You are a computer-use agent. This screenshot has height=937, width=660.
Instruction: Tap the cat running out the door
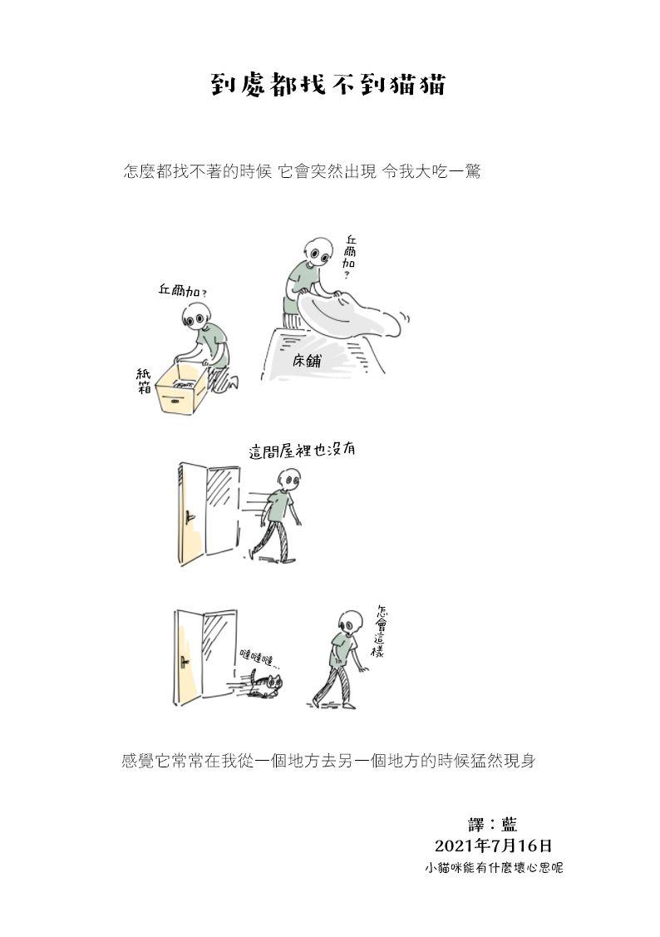click(x=265, y=685)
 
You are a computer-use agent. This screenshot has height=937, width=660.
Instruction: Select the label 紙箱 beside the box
click(x=143, y=381)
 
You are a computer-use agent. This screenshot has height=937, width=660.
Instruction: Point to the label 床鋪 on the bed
click(x=307, y=360)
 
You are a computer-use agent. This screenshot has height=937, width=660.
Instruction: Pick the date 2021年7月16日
click(x=494, y=846)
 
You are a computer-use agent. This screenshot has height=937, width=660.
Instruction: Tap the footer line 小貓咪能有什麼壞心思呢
click(x=494, y=868)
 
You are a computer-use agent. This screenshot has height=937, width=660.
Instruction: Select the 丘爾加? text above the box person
click(x=182, y=292)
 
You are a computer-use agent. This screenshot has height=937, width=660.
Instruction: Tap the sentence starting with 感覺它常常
click(x=328, y=762)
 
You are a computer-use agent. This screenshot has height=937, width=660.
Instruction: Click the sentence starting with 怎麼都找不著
click(x=301, y=172)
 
